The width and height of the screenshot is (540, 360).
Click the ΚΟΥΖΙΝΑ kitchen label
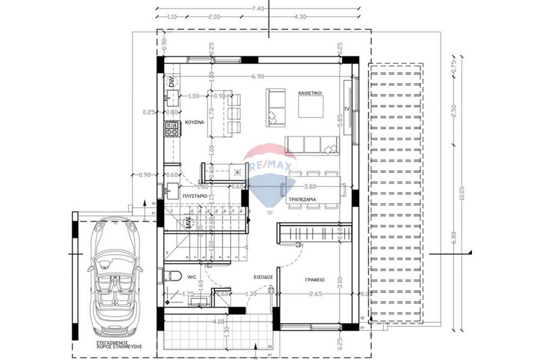(x=194, y=123)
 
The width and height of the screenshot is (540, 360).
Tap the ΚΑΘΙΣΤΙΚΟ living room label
(x=310, y=93)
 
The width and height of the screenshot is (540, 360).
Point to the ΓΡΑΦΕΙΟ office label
(x=313, y=280)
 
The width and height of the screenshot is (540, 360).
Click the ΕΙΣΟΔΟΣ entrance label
(x=263, y=277)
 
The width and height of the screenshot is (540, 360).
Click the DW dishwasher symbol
(x=172, y=83)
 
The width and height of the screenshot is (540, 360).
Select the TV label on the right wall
(x=348, y=110)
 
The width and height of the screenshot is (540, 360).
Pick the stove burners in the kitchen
(x=172, y=128)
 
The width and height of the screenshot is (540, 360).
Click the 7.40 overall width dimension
(x=258, y=9)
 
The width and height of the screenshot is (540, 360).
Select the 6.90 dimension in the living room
(x=257, y=77)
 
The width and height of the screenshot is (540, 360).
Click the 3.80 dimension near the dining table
(x=310, y=187)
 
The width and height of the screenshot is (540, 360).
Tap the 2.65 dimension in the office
(x=316, y=294)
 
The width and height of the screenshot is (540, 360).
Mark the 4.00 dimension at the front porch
(x=218, y=322)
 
